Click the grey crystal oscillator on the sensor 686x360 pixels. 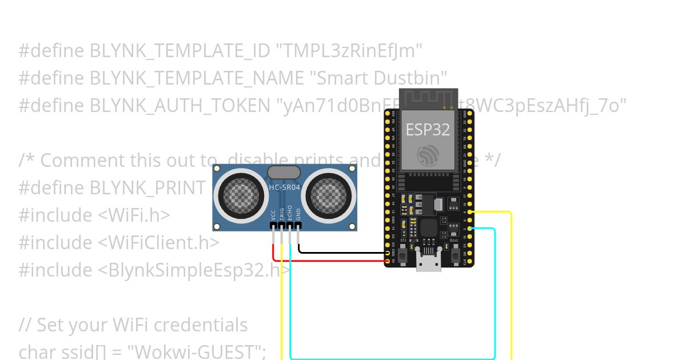click(x=284, y=172)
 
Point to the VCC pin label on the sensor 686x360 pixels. click(x=273, y=215)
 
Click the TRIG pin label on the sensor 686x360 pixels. click(x=281, y=214)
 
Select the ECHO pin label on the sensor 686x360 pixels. click(x=290, y=213)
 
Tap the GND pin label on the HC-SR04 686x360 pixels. click(x=298, y=215)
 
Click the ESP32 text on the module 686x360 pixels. click(x=428, y=129)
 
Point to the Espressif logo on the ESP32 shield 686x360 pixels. click(x=428, y=155)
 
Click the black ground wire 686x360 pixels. click(x=343, y=252)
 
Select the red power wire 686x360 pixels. click(x=332, y=261)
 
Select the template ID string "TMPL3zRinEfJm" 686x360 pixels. click(x=349, y=51)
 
